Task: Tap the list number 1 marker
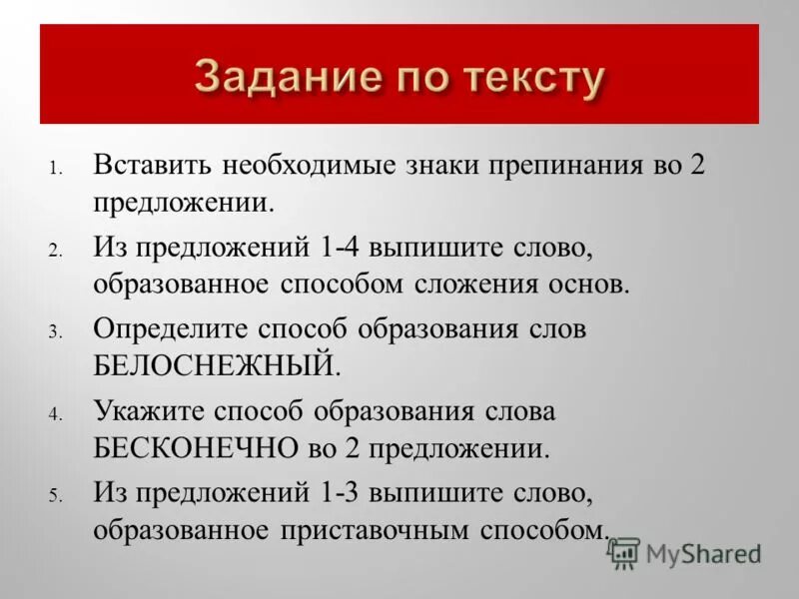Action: click(57, 167)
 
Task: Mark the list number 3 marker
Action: click(57, 331)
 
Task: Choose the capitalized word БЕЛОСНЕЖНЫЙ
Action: click(217, 365)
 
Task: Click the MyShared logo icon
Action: click(625, 552)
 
